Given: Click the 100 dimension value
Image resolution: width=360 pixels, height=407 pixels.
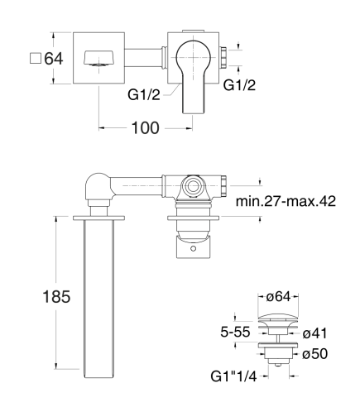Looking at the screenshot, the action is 146,128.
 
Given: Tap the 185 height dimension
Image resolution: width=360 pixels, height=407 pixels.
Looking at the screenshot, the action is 56,297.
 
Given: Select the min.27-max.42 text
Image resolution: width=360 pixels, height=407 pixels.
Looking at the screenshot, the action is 286,201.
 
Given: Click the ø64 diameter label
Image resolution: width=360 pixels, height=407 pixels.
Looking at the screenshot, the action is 278,297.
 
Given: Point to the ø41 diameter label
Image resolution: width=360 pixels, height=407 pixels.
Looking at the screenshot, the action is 314,333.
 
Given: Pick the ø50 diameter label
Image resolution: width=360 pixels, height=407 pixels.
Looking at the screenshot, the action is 314,354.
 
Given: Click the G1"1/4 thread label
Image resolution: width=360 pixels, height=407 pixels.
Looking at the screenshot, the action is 233,376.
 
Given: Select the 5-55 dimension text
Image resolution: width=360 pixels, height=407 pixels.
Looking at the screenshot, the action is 235,332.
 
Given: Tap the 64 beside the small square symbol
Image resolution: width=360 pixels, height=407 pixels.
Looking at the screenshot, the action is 54,59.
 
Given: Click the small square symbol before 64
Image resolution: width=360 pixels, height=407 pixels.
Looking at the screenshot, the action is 36,58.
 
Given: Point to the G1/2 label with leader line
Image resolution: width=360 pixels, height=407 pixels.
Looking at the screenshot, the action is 144,95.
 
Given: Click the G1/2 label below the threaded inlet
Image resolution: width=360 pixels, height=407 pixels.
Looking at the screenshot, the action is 239,85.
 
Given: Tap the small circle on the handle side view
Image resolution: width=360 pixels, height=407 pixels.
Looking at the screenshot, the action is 194,249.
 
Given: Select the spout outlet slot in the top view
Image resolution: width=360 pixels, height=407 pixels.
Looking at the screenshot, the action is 98,58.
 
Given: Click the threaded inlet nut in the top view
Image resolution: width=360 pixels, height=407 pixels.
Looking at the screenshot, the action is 223,58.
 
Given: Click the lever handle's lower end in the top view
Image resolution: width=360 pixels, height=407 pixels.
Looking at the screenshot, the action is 194,109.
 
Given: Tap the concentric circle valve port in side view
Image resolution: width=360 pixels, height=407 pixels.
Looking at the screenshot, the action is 193,186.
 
